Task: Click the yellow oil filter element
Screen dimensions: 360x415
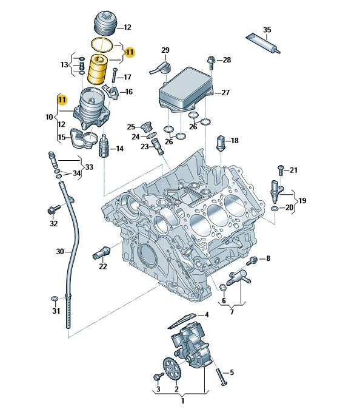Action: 98,69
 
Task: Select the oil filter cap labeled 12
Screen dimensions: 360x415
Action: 105,23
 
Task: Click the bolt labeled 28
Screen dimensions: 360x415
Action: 211,62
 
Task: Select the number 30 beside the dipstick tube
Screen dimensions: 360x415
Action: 60,251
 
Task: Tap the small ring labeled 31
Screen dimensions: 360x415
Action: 55,299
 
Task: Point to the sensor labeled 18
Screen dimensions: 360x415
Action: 221,143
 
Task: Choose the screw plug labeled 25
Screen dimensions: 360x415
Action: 147,127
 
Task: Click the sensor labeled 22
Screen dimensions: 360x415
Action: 102,252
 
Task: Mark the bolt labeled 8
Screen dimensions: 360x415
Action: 252,261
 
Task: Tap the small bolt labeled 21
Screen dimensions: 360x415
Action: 281,170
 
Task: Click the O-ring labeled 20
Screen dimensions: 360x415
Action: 275,209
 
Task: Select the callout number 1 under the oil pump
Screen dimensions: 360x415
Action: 182,400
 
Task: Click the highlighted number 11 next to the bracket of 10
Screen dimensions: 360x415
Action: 62,100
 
